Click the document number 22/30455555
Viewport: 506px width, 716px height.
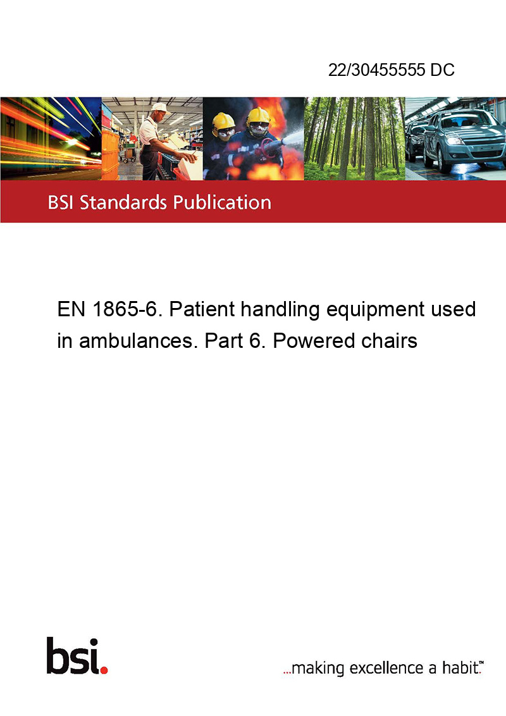point(377,70)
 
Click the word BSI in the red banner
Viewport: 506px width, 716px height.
point(61,202)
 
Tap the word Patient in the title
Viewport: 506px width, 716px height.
point(202,309)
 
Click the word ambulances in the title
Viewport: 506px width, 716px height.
point(139,341)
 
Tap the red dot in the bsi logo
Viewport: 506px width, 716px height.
point(104,670)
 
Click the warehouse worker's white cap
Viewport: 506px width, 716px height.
point(160,108)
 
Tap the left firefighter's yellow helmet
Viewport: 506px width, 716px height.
point(223,120)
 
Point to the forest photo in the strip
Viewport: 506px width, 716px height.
point(354,139)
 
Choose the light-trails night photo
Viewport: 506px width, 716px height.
point(51,139)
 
